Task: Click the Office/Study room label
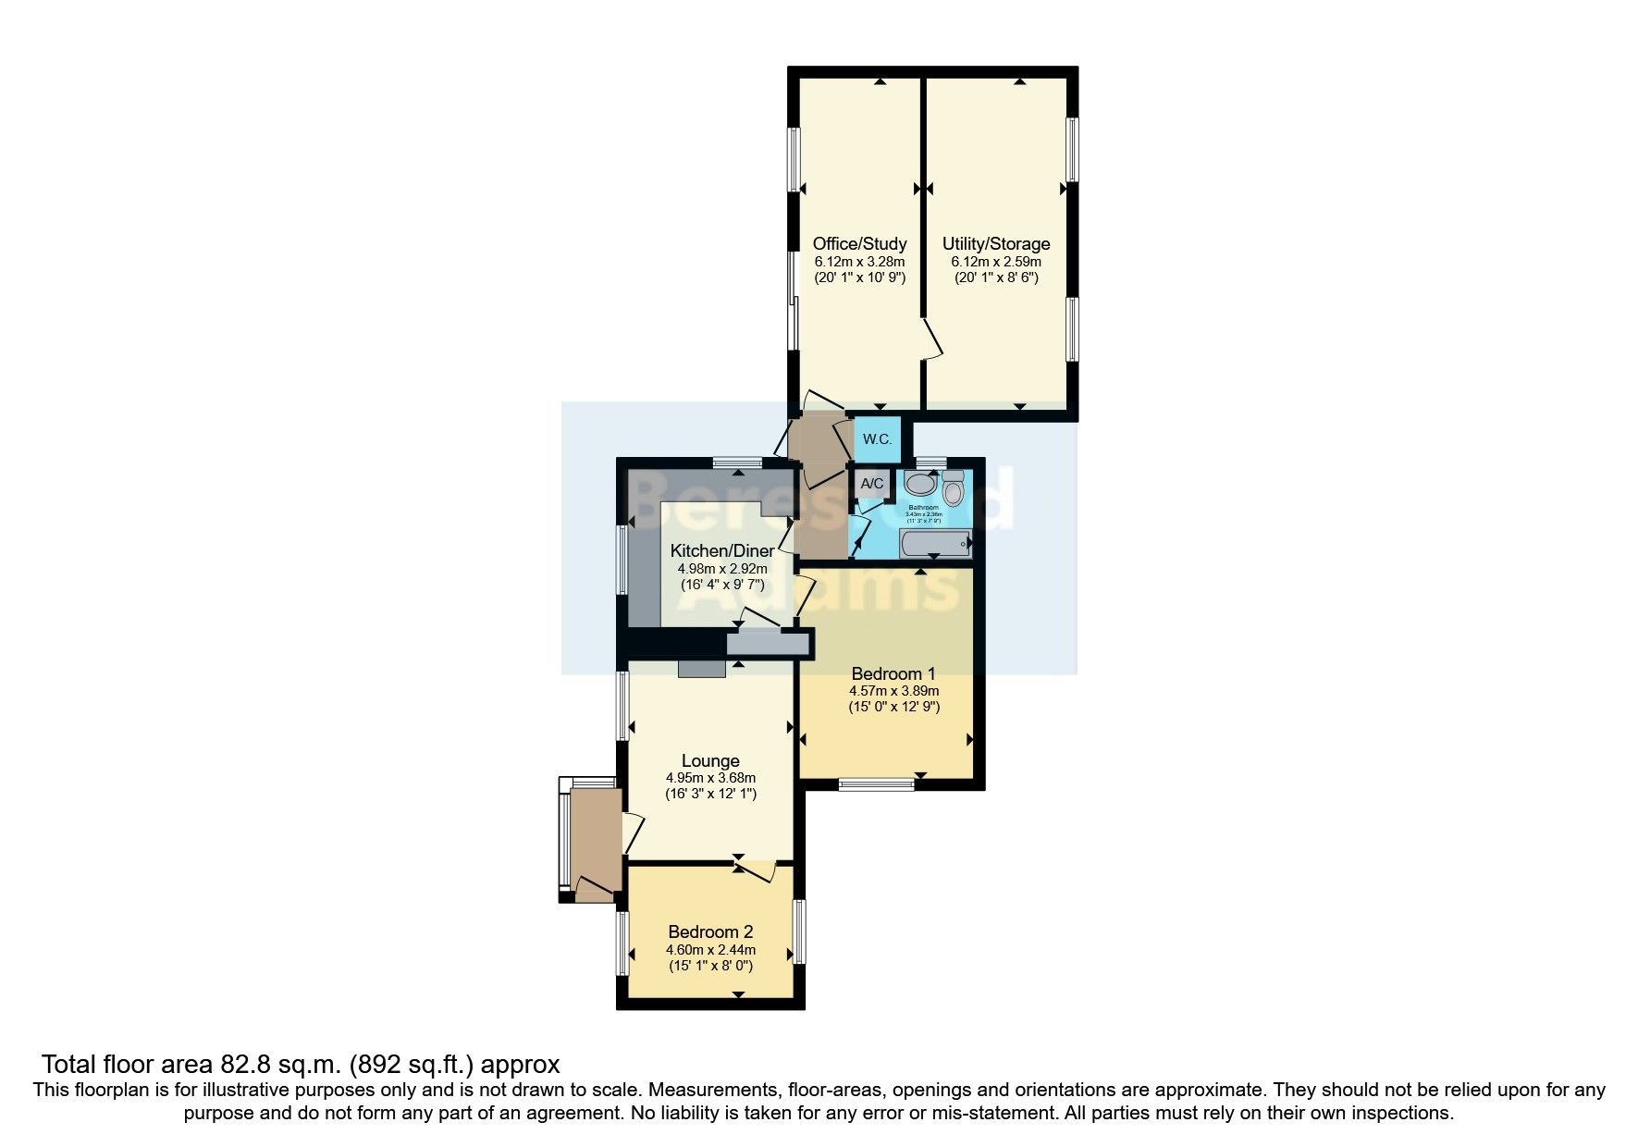859,244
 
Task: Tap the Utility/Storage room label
996,244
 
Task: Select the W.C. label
877,439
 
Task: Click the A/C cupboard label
871,484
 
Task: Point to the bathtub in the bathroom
935,544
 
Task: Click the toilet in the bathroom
954,487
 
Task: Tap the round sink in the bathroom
920,484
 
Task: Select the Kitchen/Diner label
722,551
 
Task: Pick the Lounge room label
710,761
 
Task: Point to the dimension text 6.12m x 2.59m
996,262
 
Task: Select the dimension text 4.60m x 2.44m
710,950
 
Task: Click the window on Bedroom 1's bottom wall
876,785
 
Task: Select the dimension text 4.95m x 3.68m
710,778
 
